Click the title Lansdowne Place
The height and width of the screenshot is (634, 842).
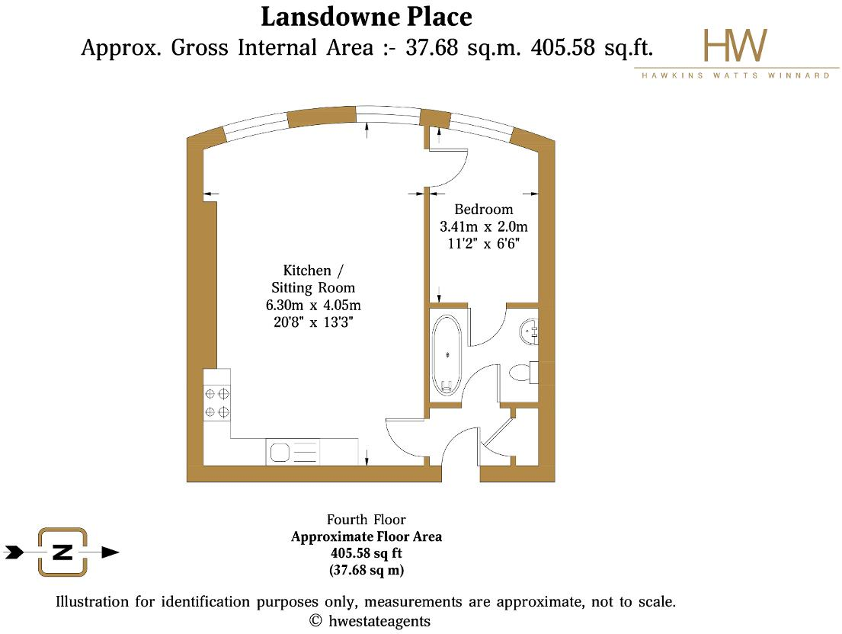tap(367, 16)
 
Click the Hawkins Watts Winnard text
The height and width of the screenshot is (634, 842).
tap(736, 76)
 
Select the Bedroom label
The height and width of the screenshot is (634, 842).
tap(484, 210)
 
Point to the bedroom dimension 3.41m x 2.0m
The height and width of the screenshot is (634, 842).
tap(484, 226)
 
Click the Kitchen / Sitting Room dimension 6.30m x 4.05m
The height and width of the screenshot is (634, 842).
tap(313, 306)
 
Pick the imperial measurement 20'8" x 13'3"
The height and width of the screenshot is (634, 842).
tap(313, 322)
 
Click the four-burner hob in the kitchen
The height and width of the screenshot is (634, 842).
tap(217, 402)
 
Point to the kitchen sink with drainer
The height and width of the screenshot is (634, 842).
tap(293, 452)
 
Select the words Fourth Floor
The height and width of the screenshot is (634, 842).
tap(366, 520)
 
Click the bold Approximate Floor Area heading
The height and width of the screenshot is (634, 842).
tap(366, 536)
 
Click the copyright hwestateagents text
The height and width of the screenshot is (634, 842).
tap(370, 621)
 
